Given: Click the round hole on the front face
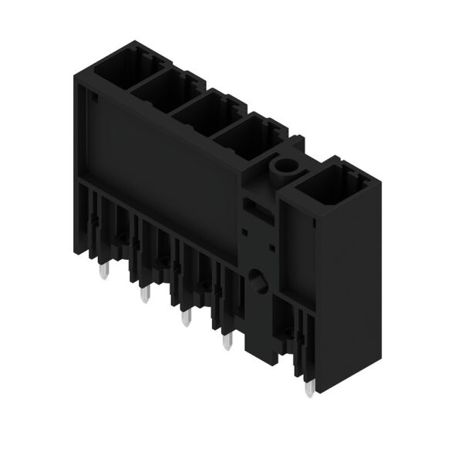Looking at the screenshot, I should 257,280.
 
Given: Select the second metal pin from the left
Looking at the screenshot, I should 143,294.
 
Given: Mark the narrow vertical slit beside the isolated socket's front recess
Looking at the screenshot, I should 316,224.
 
